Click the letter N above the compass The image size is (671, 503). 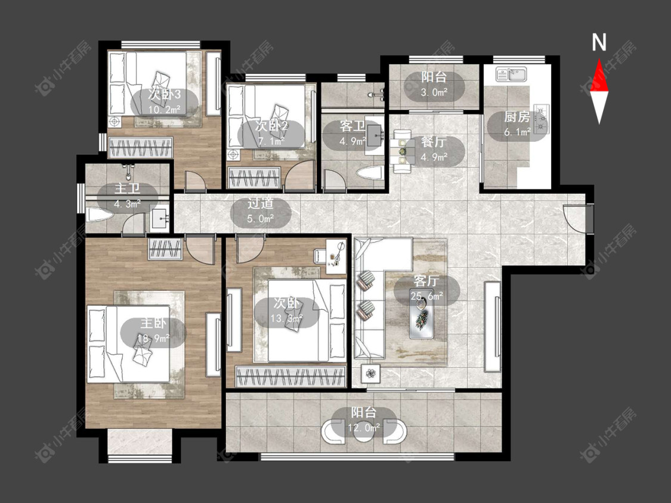click(x=599, y=42)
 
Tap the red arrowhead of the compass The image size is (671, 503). click(x=599, y=76)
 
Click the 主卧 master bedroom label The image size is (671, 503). click(x=153, y=324)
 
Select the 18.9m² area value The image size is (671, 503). click(x=153, y=339)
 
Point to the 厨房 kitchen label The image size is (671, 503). click(x=517, y=116)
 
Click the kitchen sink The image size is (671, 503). click(x=511, y=75)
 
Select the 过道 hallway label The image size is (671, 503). click(x=260, y=203)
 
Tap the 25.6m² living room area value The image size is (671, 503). click(x=426, y=296)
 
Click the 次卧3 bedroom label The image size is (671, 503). click(x=165, y=94)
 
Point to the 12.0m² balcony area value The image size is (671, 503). click(x=365, y=427)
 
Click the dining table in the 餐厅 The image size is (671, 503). click(x=402, y=151)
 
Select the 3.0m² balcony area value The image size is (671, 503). click(x=434, y=92)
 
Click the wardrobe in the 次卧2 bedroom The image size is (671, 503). click(x=255, y=178)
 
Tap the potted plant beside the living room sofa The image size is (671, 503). click(x=370, y=374)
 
